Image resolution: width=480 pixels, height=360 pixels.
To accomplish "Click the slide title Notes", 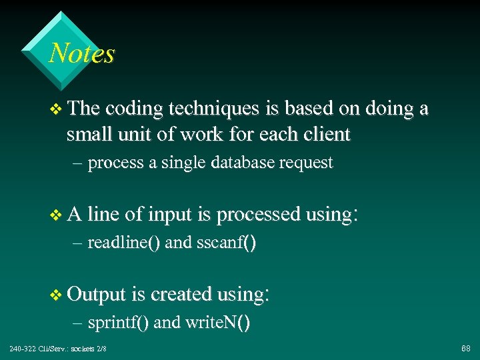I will (82, 53).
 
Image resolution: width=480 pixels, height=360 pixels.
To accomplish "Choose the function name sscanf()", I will (227, 243).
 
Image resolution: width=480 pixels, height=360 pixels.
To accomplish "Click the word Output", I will (97, 294).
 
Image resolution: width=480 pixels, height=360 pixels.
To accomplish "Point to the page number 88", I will (465, 349).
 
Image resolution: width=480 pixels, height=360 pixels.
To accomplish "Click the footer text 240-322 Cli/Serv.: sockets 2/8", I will (58, 349).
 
